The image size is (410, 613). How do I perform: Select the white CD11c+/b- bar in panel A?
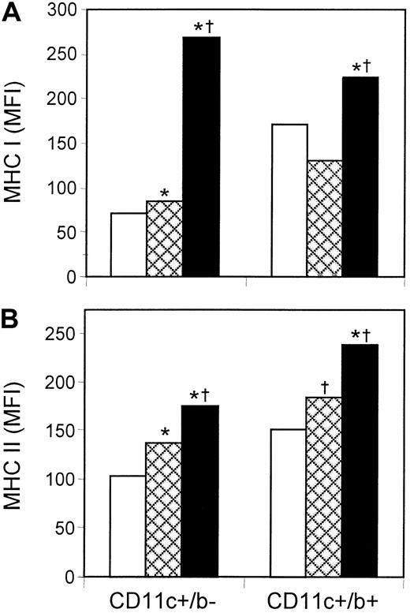tap(129, 245)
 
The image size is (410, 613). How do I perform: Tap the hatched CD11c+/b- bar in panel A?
tap(164, 240)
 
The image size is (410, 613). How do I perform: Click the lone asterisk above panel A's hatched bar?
tap(164, 192)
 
